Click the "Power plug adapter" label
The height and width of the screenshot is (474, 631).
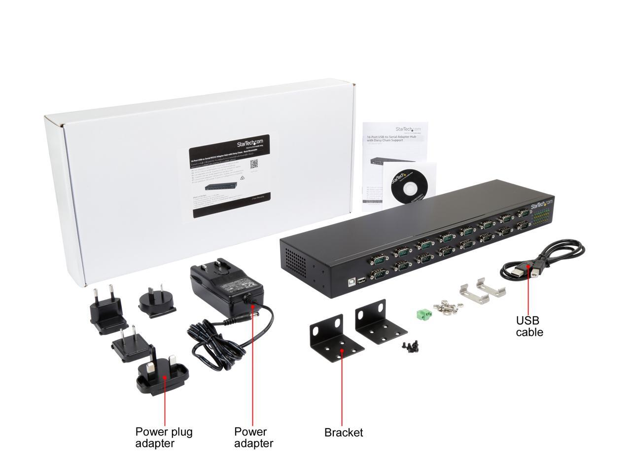click(x=164, y=437)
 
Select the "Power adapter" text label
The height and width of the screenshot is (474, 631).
click(x=253, y=437)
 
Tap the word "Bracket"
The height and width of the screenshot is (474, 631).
click(x=343, y=433)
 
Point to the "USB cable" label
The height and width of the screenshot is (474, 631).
click(x=529, y=326)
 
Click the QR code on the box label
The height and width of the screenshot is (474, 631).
click(x=254, y=164)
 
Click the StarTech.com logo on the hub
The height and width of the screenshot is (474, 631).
click(x=542, y=204)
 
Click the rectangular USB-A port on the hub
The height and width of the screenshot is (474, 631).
click(x=361, y=280)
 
